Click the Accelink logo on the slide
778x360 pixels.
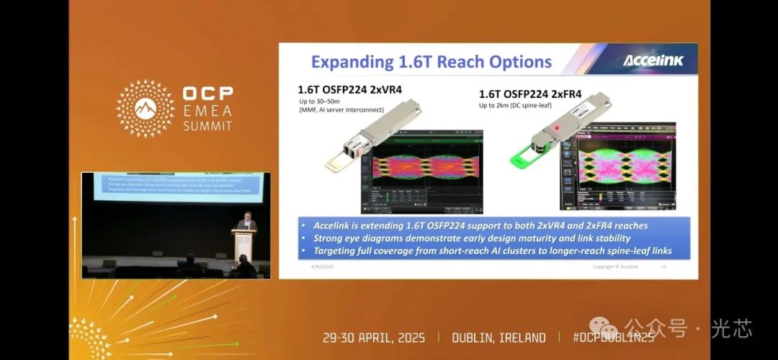(652, 60)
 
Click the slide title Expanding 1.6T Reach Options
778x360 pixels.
(432, 61)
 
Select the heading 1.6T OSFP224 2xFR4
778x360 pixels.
(530, 94)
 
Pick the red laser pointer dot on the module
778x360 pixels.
(556, 128)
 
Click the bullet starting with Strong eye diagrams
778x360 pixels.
(472, 238)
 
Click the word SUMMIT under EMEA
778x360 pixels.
(207, 126)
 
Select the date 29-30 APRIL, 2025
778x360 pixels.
(374, 338)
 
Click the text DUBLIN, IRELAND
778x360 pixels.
(498, 338)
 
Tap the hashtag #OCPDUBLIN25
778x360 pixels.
(613, 338)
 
